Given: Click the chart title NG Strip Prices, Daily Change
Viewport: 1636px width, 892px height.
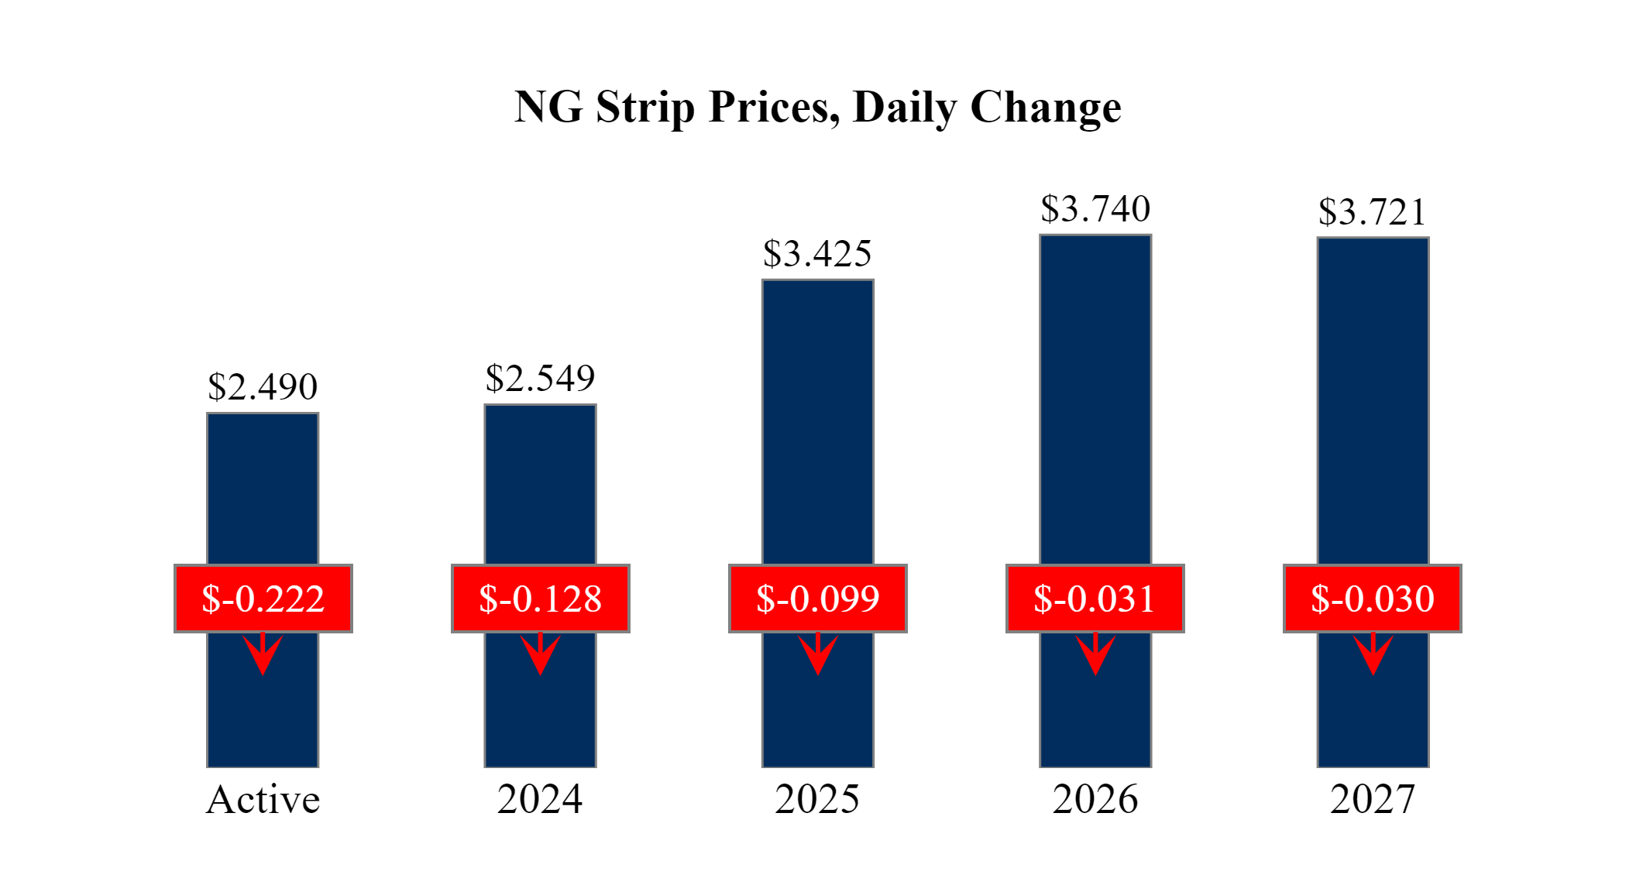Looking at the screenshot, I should (x=817, y=107).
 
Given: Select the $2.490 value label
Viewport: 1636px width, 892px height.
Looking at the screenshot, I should (x=263, y=386).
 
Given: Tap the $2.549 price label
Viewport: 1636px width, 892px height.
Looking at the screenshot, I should (x=540, y=378).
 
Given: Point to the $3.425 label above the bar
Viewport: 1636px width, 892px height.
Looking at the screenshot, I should (x=817, y=253).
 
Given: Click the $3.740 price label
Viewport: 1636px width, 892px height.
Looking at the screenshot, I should (x=1095, y=208).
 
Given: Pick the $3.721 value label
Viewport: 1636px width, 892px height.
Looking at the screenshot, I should (x=1372, y=211).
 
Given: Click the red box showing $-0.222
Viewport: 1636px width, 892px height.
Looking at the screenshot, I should (x=263, y=599).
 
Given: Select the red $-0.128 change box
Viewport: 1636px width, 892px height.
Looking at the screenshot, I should (x=541, y=599).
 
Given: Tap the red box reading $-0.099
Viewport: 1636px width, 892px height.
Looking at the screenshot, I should (x=818, y=599).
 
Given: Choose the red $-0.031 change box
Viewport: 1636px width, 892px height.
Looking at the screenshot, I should (x=1095, y=599).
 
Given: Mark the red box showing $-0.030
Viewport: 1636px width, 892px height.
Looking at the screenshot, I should (x=1373, y=599).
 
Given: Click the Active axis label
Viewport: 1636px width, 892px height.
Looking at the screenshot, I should (x=263, y=799).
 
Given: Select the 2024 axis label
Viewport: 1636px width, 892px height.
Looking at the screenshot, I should (x=540, y=799).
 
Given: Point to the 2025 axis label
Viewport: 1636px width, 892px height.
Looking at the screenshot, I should (x=817, y=799).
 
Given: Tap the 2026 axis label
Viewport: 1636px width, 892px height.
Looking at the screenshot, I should (x=1095, y=799).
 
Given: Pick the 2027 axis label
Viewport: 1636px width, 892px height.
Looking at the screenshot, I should (x=1373, y=799).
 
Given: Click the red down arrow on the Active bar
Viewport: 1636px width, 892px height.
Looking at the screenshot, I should (x=263, y=654).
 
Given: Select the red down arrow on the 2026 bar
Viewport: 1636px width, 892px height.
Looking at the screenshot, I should (x=1095, y=654).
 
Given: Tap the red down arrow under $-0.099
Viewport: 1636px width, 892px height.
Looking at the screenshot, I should (x=818, y=654).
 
